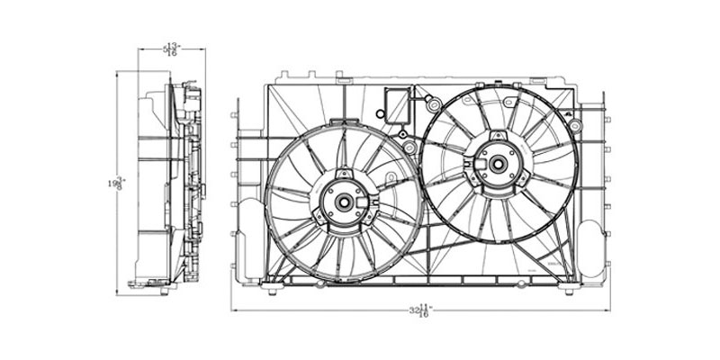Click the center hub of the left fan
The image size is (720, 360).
(x=343, y=202)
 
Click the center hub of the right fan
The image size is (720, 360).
(x=496, y=165)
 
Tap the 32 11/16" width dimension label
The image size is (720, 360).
(x=419, y=312)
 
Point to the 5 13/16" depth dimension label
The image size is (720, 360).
(x=170, y=49)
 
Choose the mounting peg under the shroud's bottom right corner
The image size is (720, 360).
(x=568, y=290)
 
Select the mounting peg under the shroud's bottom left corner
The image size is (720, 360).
(x=271, y=289)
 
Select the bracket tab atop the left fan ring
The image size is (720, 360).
(x=342, y=172)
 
